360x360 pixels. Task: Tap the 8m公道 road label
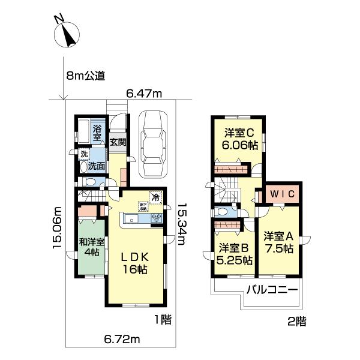click(86, 76)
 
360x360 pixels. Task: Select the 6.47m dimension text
click(144, 94)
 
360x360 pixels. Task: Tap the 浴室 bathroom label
click(97, 132)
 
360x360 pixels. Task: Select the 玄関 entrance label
click(118, 142)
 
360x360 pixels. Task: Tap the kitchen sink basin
click(132, 219)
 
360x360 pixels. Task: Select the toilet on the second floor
click(222, 212)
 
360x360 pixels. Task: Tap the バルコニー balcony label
click(272, 290)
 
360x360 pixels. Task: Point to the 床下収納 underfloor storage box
click(144, 206)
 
